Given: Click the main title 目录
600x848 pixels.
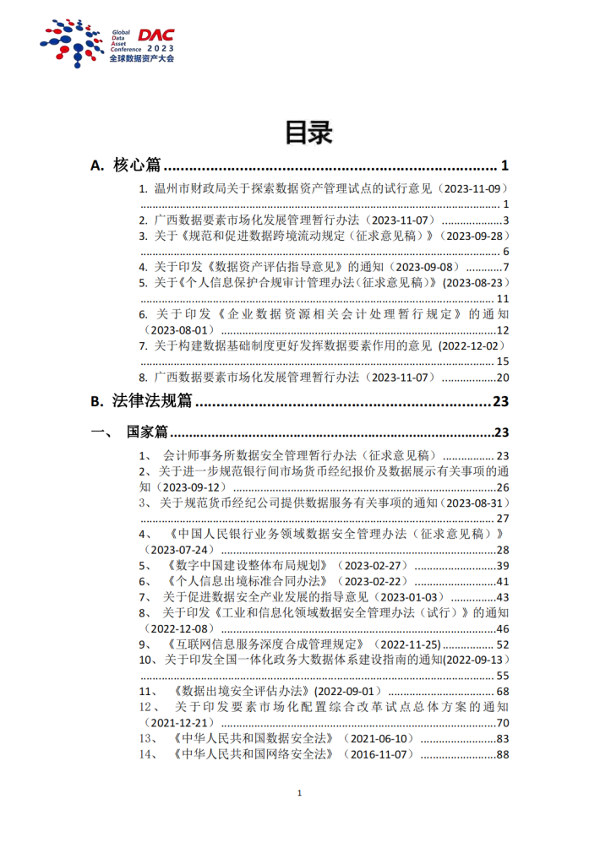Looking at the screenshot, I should coord(299,132).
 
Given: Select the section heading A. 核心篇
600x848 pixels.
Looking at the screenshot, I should coord(126,166).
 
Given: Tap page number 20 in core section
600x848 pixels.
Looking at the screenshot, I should coord(502,378).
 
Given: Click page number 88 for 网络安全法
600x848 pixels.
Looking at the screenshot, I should coord(502,754).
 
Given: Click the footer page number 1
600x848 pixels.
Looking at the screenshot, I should coord(300,794).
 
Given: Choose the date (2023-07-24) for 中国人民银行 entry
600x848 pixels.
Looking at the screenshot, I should coord(180,550).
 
